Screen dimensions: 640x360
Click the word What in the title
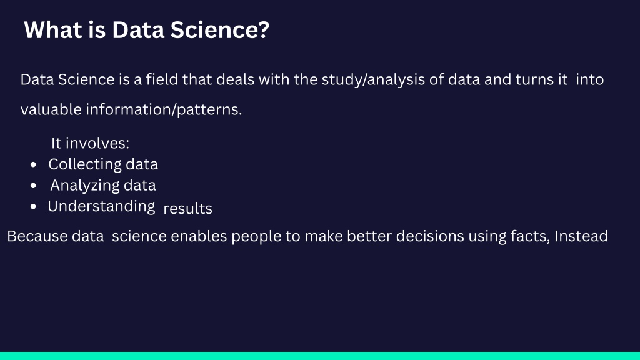53,30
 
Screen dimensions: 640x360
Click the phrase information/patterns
164,109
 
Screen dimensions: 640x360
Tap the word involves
97,143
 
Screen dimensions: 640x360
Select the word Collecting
84,164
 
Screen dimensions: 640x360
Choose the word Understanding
101,206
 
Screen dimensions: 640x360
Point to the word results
187,209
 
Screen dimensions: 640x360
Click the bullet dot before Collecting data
34,164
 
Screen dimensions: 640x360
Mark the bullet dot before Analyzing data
34,186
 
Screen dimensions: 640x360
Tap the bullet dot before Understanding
34,206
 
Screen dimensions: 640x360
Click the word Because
37,236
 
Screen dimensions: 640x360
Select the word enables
199,236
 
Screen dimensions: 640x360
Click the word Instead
581,236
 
